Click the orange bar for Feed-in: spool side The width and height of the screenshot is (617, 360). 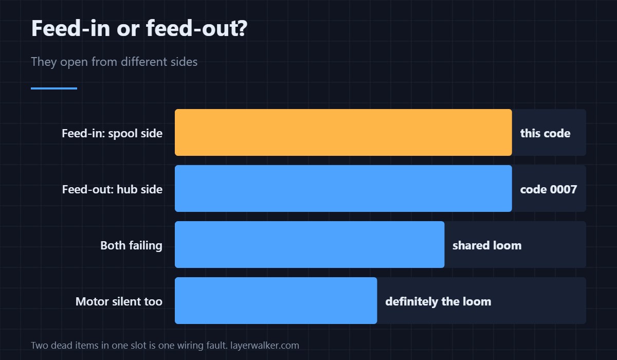click(x=343, y=133)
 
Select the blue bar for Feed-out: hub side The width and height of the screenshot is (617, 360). click(x=343, y=188)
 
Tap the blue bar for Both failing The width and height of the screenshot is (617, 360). click(x=310, y=245)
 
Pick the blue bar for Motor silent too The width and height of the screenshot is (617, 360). click(x=276, y=300)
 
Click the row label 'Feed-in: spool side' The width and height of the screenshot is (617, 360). click(x=112, y=133)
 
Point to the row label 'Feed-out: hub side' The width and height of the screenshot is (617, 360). click(x=112, y=189)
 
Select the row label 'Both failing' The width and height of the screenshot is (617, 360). click(x=131, y=245)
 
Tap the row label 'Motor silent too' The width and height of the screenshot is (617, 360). click(x=119, y=301)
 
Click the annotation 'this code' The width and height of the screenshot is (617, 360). click(x=545, y=133)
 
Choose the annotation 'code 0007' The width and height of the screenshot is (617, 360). click(x=549, y=189)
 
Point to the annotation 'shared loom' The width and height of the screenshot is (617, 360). click(x=487, y=245)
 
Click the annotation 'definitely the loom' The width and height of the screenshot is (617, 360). click(x=438, y=301)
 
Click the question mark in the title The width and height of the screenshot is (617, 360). click(x=242, y=28)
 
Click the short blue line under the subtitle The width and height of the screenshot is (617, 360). click(x=54, y=88)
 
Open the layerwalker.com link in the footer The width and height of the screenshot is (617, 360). click(x=265, y=346)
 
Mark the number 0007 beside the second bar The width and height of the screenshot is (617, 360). click(x=564, y=189)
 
